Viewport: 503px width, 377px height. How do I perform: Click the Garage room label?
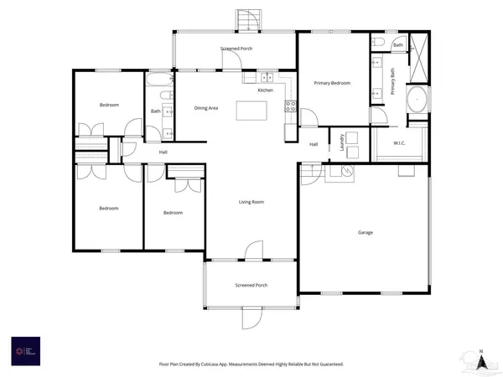pos(365,232)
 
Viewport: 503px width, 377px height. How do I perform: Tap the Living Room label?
pos(251,202)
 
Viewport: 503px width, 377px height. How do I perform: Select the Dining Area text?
pos(206,108)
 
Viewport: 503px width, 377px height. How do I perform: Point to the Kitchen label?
pos(265,90)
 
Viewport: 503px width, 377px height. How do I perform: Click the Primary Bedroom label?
pos(332,84)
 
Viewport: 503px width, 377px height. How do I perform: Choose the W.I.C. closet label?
pos(400,143)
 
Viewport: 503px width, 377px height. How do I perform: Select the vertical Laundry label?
pos(343,142)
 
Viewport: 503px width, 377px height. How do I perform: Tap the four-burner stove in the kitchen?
pos(291,106)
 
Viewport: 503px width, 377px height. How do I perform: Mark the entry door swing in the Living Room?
pos(251,250)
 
